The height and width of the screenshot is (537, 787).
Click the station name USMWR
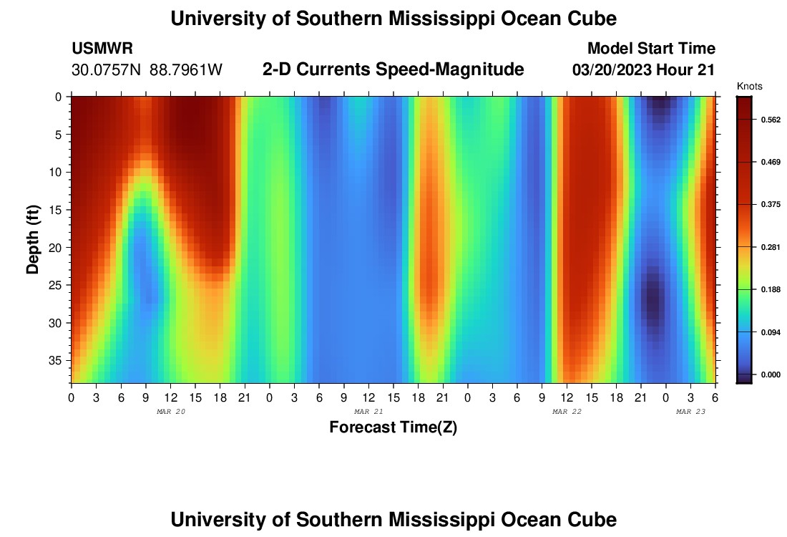102,49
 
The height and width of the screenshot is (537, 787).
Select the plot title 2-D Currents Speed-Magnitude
393,69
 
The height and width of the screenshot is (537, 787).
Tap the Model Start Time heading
651,49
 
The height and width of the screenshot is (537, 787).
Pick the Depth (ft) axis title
33,239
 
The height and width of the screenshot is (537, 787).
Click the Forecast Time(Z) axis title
393,427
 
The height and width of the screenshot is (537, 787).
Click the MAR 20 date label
171,412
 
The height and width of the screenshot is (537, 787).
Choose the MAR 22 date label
567,412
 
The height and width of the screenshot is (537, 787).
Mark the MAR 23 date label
691,412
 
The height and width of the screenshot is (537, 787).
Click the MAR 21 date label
368,412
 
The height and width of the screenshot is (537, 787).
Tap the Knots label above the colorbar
749,87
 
